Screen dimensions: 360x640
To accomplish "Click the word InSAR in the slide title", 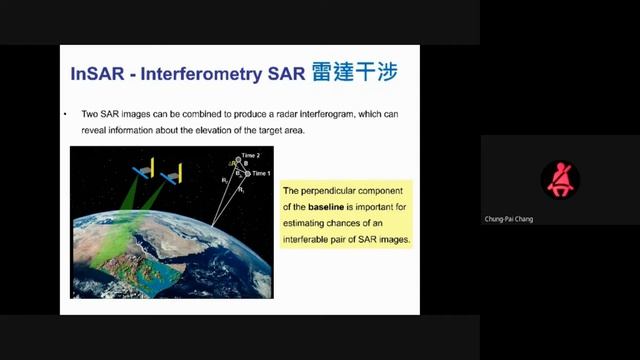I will (97, 74).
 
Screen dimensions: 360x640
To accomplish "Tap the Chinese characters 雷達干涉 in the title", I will (354, 73).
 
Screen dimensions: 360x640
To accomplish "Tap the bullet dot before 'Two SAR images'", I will (66, 115).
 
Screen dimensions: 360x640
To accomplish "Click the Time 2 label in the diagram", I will (250, 157).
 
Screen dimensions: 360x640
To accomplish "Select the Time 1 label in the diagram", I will (261, 174).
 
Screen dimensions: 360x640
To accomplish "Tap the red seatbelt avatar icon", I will (560, 179).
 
